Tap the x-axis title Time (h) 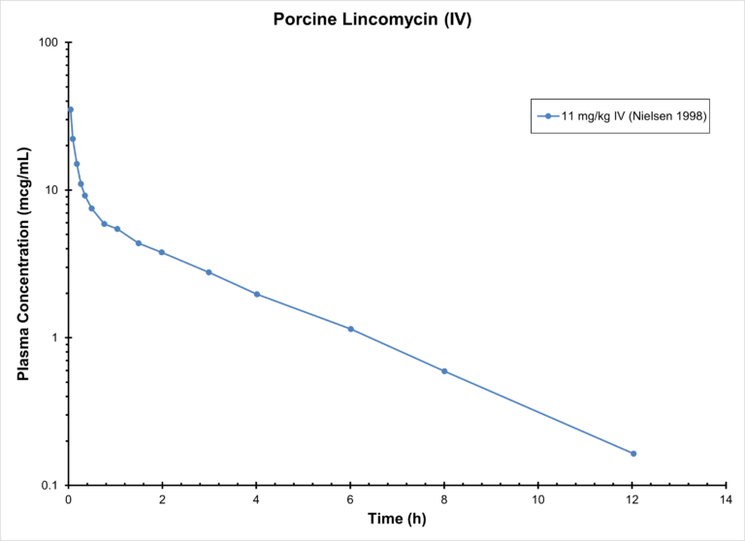click(397, 519)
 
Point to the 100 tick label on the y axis click(48, 43)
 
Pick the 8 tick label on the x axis click(444, 499)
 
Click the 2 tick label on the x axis click(162, 499)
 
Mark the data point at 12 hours click(633, 454)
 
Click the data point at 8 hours click(444, 371)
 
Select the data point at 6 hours click(351, 329)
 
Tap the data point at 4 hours click(257, 294)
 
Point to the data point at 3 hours click(209, 272)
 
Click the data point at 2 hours click(162, 252)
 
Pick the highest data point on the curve click(70, 110)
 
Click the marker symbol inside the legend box click(548, 116)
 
